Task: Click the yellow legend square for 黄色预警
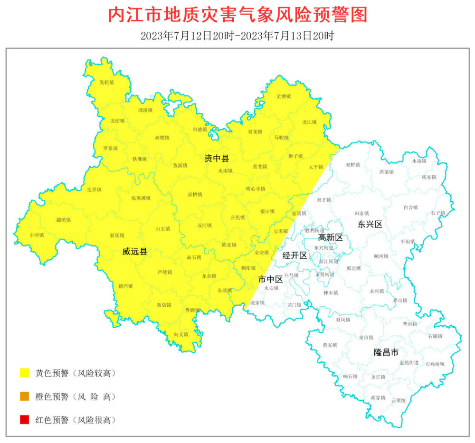(x=24, y=373)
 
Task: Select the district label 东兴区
(x=370, y=224)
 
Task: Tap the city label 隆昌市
(x=386, y=352)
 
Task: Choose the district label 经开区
(x=294, y=255)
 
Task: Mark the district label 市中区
(x=270, y=279)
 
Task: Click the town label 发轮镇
(x=106, y=83)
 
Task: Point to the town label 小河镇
(x=37, y=235)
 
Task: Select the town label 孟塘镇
(x=284, y=96)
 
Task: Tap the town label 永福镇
(x=419, y=161)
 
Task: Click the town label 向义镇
(x=181, y=335)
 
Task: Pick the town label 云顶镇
(x=398, y=400)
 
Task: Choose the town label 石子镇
(x=438, y=213)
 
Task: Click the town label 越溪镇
(x=63, y=220)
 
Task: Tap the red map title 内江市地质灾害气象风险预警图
(x=237, y=15)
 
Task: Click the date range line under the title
(x=237, y=36)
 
